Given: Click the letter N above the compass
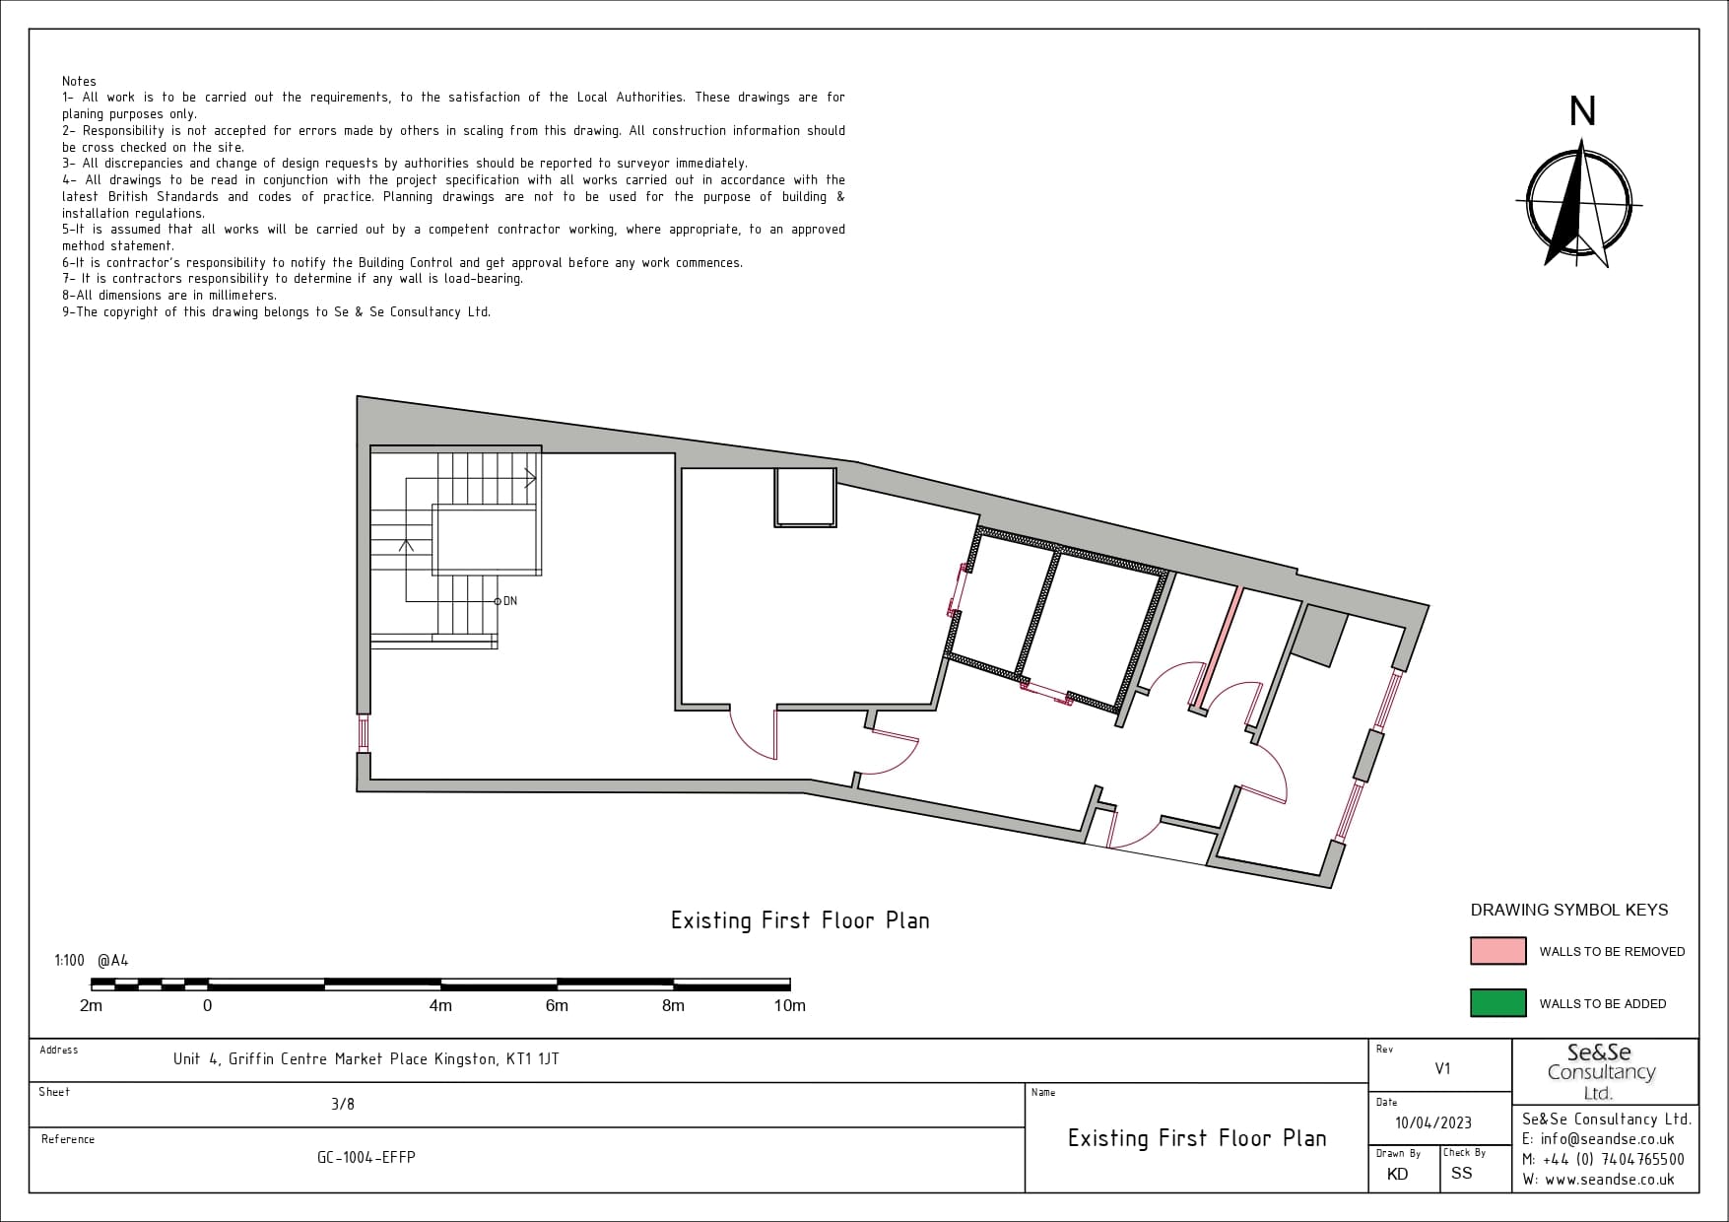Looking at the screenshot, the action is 1582,112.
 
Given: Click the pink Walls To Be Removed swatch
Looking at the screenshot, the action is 1497,951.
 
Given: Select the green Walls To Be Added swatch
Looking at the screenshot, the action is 1497,1002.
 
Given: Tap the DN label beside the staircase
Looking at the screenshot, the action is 509,601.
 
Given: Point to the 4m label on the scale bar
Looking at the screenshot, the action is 440,1005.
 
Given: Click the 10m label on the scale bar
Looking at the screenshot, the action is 789,1005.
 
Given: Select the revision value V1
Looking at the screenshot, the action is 1442,1068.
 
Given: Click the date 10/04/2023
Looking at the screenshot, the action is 1433,1123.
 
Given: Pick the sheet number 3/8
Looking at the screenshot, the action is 343,1104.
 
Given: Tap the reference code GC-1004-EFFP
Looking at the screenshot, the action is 366,1157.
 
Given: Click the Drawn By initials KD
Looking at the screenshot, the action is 1397,1174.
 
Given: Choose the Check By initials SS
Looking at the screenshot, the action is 1461,1173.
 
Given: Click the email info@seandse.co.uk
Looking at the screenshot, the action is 1607,1139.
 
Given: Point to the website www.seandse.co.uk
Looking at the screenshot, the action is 1608,1180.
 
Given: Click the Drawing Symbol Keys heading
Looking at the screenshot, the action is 1569,910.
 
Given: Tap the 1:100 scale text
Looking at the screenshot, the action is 69,960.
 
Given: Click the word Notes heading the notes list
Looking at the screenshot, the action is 79,81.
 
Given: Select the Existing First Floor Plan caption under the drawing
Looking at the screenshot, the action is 800,920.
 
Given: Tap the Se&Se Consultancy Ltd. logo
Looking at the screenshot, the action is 1601,1071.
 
